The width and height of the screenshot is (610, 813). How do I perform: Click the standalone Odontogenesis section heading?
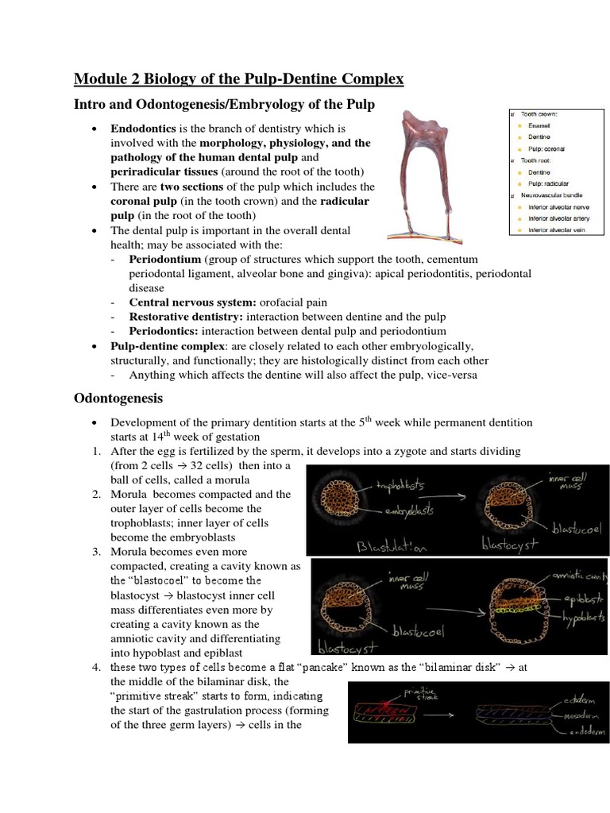pos(118,398)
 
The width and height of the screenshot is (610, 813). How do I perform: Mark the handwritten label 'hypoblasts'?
pos(583,617)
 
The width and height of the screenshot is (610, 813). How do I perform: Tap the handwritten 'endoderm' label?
pos(582,731)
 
